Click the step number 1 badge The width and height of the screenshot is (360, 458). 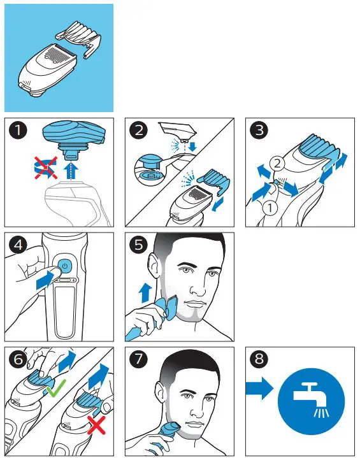(x=19, y=132)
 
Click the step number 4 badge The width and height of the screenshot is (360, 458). (x=19, y=247)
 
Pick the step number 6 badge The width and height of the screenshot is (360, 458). (x=19, y=362)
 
